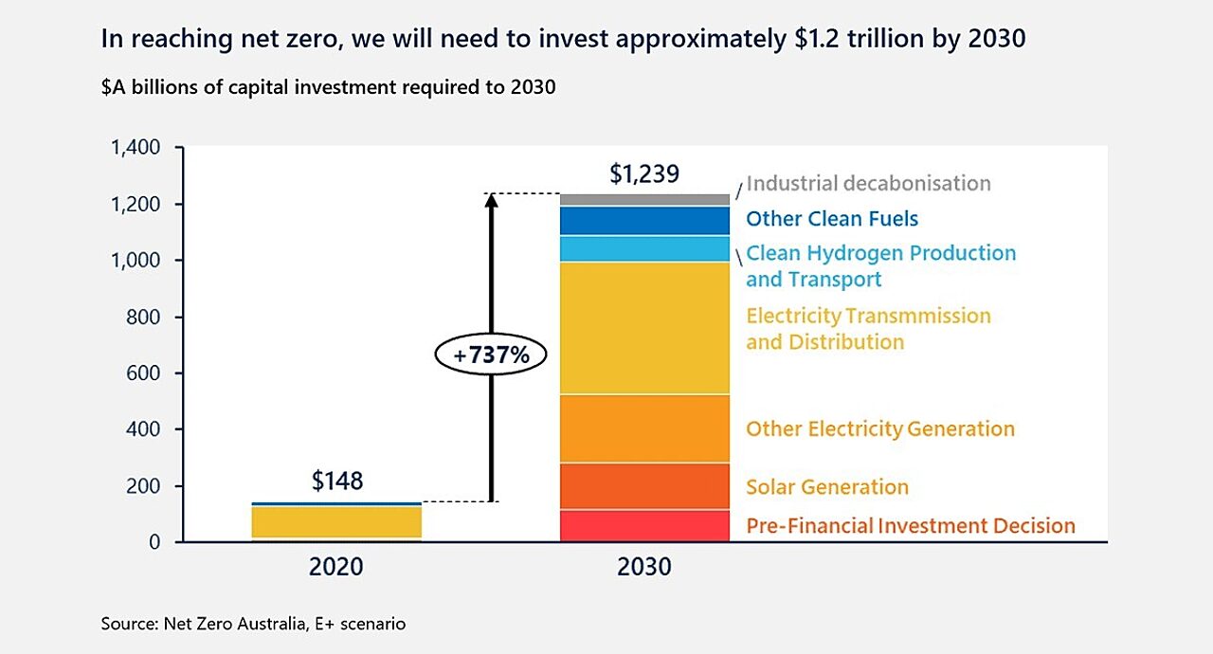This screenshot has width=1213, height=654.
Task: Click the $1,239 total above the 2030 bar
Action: click(644, 174)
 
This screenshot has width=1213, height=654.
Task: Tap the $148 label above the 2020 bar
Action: click(337, 481)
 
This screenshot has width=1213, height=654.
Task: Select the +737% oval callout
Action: click(491, 355)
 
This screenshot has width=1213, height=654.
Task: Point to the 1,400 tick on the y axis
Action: click(136, 148)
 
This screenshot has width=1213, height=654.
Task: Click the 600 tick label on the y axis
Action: click(142, 373)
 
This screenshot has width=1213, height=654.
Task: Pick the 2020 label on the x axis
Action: click(336, 567)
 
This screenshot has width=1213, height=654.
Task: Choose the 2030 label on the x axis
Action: click(644, 567)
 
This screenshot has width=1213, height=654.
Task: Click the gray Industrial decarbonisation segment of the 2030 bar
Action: click(644, 200)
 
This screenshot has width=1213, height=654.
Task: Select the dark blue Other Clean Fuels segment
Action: click(644, 221)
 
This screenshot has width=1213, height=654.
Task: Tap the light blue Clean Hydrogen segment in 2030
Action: click(644, 248)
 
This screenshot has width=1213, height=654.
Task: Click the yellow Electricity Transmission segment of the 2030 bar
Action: click(644, 328)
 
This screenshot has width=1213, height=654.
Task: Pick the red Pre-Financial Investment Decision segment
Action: click(644, 525)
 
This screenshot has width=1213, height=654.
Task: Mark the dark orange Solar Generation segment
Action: click(644, 486)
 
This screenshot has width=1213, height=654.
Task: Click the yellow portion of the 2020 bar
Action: click(336, 521)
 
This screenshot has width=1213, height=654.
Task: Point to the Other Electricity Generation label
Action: click(880, 429)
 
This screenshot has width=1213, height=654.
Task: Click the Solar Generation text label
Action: click(827, 487)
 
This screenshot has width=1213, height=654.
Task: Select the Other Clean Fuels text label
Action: click(832, 219)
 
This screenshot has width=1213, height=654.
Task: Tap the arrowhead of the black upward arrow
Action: click(491, 203)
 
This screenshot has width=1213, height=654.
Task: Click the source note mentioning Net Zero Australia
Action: click(253, 625)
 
